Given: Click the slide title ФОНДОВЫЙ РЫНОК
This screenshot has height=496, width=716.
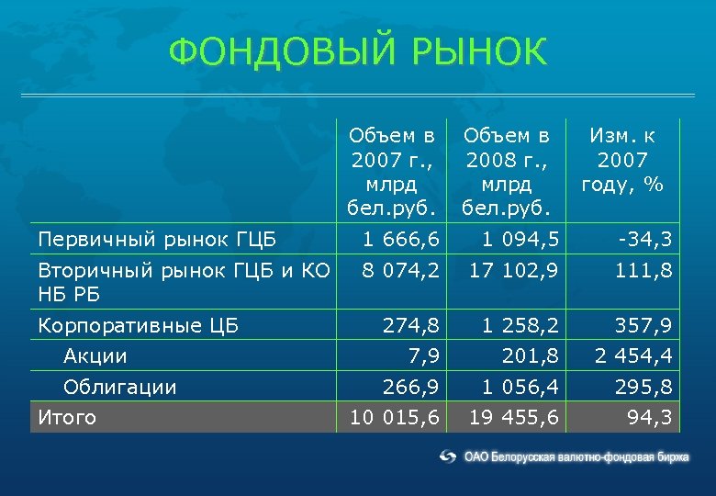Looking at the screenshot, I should (x=357, y=52).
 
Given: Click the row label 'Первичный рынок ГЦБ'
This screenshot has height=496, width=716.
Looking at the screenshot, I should (x=156, y=241).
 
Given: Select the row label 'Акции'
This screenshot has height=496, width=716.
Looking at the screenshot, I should (x=95, y=355).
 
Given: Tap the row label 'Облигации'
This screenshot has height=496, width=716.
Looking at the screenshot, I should (x=119, y=387).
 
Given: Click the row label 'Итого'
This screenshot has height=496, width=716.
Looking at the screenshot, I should (x=67, y=418).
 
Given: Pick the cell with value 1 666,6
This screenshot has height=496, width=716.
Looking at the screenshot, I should (x=401, y=241).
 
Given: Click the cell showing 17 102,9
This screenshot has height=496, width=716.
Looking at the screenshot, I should (x=513, y=271).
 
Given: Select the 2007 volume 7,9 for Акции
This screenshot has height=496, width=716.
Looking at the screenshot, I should (x=425, y=355).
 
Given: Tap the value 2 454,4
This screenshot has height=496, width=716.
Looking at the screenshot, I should (x=633, y=355).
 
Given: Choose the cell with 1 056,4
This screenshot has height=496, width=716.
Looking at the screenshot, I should (x=514, y=387).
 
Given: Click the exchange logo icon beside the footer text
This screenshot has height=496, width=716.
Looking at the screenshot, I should (x=448, y=456).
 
